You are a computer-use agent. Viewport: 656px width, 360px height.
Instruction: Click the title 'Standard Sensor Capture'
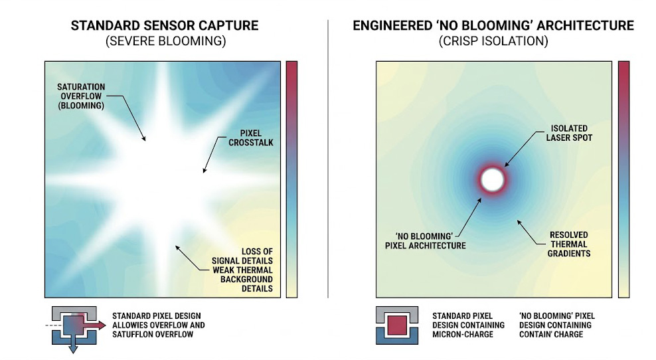tap(165, 26)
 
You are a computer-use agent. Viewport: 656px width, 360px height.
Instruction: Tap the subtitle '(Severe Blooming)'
tap(165, 41)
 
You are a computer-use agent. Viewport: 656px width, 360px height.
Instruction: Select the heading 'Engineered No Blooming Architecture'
tap(493, 26)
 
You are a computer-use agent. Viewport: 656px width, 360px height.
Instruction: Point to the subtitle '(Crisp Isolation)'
tap(493, 41)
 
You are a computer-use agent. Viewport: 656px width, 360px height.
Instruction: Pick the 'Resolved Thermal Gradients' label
tap(568, 244)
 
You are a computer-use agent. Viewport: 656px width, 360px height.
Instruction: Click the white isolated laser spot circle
tap(493, 179)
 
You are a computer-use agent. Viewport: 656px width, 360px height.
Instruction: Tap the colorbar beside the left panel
tap(291, 179)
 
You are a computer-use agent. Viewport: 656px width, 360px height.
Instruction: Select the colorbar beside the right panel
tap(623, 179)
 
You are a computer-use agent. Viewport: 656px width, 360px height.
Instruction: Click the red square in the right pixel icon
tap(397, 325)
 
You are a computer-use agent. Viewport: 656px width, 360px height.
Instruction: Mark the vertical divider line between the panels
tap(328, 159)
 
